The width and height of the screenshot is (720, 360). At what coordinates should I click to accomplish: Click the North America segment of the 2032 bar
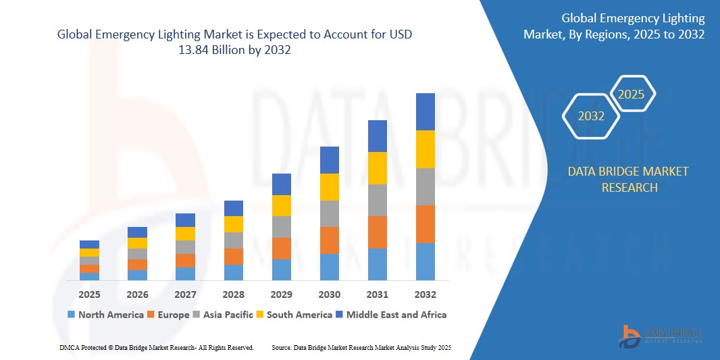[x=425, y=261]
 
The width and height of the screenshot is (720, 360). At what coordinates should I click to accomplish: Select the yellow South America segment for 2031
[x=377, y=168]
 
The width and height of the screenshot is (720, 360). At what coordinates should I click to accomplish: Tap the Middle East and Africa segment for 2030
[x=329, y=160]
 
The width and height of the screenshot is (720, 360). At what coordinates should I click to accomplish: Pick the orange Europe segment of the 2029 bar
[x=281, y=249]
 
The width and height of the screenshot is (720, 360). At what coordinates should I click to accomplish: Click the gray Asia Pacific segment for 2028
[x=233, y=240]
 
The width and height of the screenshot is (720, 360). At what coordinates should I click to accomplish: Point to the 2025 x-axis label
[x=89, y=294]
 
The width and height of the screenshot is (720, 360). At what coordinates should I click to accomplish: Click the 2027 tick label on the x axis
[x=185, y=294]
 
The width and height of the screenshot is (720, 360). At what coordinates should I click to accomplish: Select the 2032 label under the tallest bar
[x=425, y=294]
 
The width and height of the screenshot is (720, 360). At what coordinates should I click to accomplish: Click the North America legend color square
[x=71, y=315]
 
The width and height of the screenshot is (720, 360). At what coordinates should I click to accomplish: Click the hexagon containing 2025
[x=632, y=95]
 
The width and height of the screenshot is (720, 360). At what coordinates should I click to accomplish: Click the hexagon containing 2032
[x=591, y=116]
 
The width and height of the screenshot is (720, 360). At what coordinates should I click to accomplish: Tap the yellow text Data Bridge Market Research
[x=628, y=179]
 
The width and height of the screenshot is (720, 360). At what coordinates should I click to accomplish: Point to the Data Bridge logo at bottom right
[x=661, y=335]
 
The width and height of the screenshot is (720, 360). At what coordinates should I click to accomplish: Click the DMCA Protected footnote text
[x=156, y=347]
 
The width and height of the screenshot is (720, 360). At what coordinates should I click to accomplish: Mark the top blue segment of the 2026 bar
[x=137, y=232]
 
